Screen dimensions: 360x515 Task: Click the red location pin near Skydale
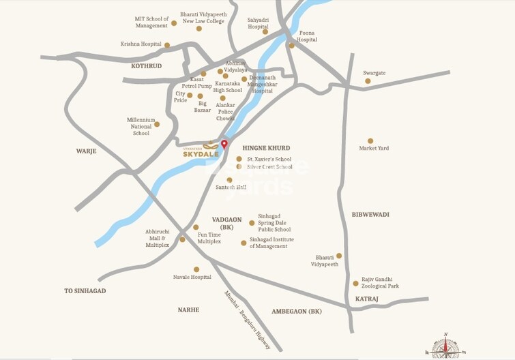click(x=224, y=144)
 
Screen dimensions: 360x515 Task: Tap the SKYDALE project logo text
click(x=201, y=154)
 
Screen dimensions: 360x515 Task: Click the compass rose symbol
click(x=445, y=347)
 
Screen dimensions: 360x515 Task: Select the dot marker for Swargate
click(x=368, y=81)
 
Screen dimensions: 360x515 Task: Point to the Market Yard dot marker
click(x=370, y=141)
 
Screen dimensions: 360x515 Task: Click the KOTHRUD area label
click(x=146, y=66)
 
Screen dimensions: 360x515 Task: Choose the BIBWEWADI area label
click(x=370, y=215)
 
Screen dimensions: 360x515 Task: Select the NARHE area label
click(x=188, y=310)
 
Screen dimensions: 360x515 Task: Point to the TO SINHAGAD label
click(x=85, y=291)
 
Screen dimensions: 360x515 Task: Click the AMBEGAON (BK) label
click(x=296, y=311)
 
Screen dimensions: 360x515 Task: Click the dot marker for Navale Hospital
click(x=196, y=269)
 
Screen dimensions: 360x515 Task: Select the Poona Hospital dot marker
click(x=291, y=46)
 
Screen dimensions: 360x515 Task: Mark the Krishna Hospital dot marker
click(x=167, y=45)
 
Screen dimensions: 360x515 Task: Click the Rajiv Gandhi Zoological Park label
click(x=381, y=282)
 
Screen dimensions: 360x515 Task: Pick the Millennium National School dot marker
click(x=157, y=124)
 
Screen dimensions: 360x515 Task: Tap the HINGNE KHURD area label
click(x=266, y=148)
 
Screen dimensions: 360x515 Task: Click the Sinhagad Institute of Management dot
click(x=244, y=243)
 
